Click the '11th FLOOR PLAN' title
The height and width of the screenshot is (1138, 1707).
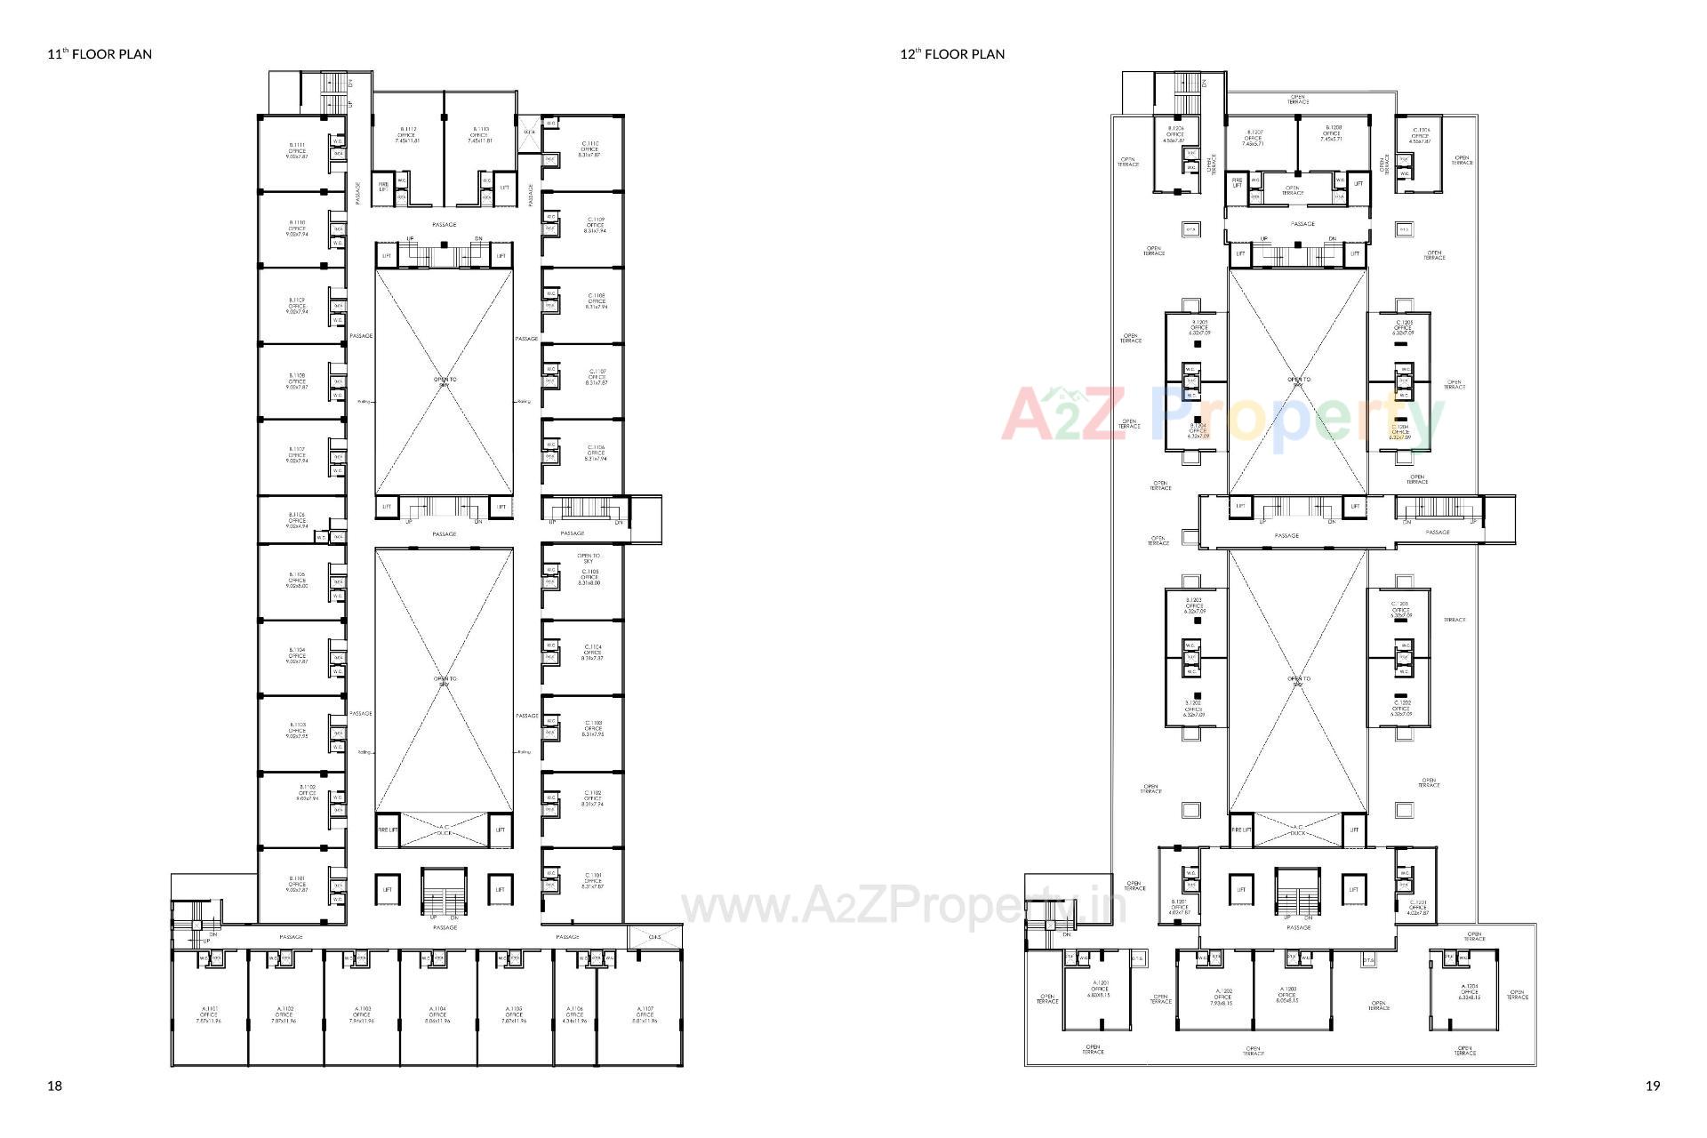[x=100, y=54]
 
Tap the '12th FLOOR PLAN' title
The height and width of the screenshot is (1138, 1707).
[x=952, y=54]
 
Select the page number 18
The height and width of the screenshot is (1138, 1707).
[x=55, y=1086]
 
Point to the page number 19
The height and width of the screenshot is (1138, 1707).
[x=1653, y=1086]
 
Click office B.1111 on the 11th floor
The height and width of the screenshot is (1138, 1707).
[x=297, y=150]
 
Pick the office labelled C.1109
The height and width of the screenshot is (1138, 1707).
[x=595, y=224]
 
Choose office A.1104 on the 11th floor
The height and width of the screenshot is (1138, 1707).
[x=437, y=1014]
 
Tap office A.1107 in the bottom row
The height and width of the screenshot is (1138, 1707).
[x=645, y=1014]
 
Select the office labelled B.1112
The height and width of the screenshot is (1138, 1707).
[x=407, y=134]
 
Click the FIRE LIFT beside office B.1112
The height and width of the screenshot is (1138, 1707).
[x=383, y=188]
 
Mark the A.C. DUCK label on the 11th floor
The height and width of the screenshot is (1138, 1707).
[x=445, y=829]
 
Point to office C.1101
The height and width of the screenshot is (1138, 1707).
[x=592, y=880]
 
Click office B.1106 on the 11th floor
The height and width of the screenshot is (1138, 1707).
[x=297, y=520]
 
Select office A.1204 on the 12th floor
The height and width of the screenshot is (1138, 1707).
[x=1469, y=991]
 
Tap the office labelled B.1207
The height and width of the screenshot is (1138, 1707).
[x=1253, y=134]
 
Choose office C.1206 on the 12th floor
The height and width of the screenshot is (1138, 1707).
[x=1420, y=134]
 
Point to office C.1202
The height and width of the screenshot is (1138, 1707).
[x=1401, y=708]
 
